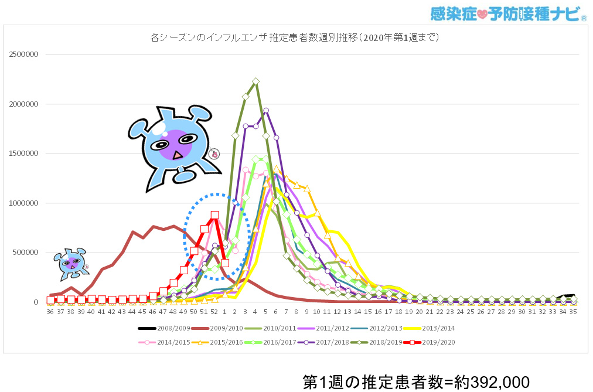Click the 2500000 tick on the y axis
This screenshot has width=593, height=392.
pos(24,55)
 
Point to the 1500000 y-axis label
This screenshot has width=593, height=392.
pos(24,154)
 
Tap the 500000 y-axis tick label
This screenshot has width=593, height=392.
pos(26,253)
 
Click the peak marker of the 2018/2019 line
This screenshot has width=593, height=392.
pos(255,81)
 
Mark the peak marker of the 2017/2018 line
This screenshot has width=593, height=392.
pos(266,110)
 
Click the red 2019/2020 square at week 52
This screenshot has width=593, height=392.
pos(214,215)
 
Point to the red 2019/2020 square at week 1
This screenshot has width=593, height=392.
pos(225,263)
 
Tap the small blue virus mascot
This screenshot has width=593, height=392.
pos(71,263)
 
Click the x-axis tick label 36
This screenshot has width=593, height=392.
pos(50,313)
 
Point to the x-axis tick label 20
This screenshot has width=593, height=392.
pos(419,313)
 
